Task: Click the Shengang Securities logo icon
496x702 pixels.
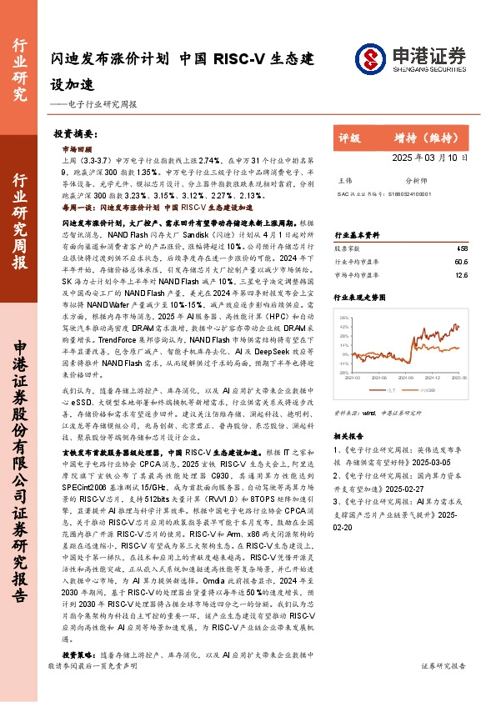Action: coord(369,58)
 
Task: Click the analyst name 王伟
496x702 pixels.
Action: coord(343,180)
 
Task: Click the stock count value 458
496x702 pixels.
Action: coord(462,248)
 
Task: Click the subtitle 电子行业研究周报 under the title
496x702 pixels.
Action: coord(100,104)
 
